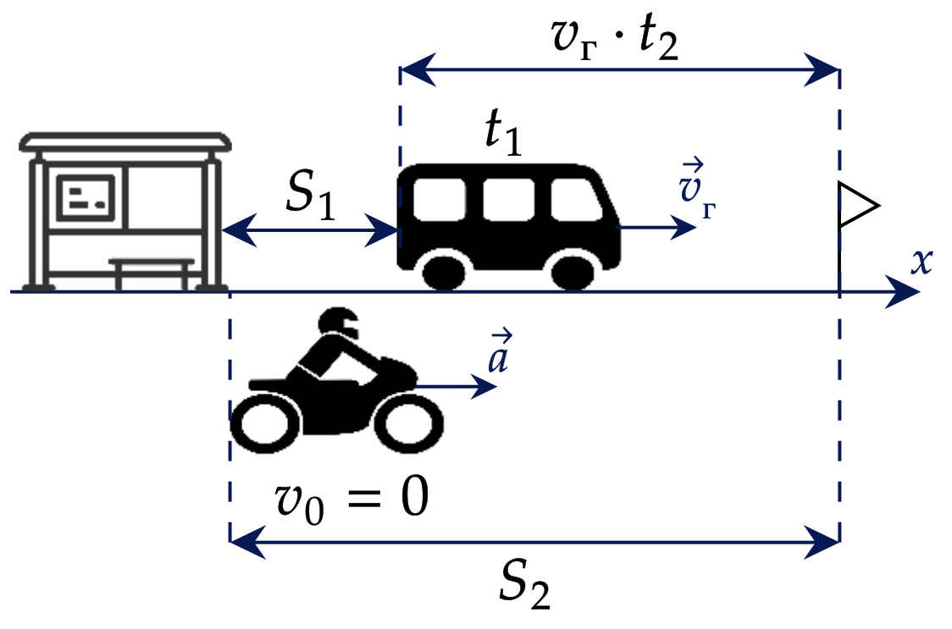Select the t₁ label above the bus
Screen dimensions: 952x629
click(x=504, y=134)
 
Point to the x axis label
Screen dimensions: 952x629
click(x=921, y=262)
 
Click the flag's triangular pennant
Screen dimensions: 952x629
click(x=857, y=205)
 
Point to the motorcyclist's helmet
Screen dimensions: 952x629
click(x=340, y=323)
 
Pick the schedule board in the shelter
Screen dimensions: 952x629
click(x=86, y=198)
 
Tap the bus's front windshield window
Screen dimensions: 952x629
click(x=577, y=200)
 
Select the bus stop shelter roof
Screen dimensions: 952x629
click(x=125, y=141)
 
